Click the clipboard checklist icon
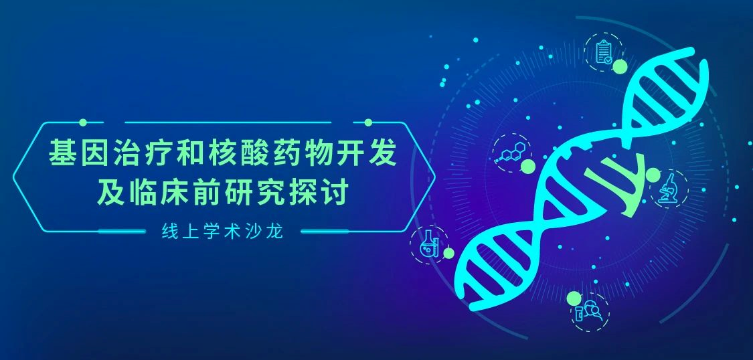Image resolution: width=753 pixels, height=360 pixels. point(604,52)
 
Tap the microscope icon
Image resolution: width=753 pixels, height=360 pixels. point(669,187)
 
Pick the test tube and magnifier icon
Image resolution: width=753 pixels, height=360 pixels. point(587,310)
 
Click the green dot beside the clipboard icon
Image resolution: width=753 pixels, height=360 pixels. point(620,66)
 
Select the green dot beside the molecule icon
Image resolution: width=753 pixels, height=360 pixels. point(528,167)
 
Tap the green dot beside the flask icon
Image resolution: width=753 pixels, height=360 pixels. point(448,254)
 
